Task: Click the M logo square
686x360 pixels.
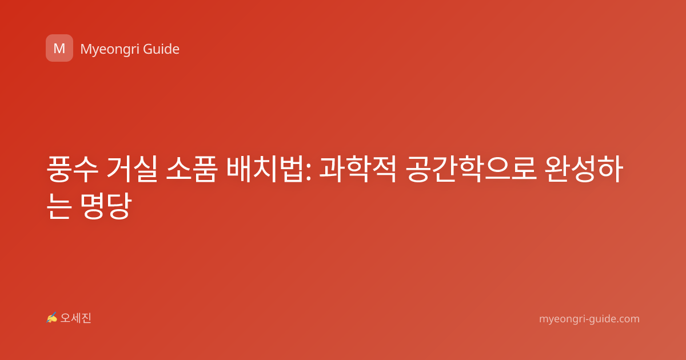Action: pos(59,48)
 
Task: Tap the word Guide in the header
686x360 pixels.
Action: pos(161,49)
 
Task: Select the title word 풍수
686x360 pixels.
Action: pos(72,169)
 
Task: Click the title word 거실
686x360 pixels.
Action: pos(131,169)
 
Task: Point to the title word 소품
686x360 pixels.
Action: pos(192,169)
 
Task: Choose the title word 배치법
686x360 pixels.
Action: pos(265,169)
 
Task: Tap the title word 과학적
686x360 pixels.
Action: pos(358,169)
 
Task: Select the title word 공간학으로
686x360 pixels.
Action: pos(471,169)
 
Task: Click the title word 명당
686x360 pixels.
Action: pos(106,206)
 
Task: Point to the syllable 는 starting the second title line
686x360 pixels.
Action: pos(59,206)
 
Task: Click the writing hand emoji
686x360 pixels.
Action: pos(51,318)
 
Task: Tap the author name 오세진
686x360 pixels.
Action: pos(75,318)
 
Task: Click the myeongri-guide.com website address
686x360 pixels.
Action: pos(589,319)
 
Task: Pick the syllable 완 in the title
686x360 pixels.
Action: pos(557,169)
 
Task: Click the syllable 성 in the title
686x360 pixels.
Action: pos(584,169)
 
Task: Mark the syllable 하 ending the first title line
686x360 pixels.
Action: pos(611,169)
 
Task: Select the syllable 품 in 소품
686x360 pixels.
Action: pos(205,169)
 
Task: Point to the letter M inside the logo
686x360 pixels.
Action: pos(59,49)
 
